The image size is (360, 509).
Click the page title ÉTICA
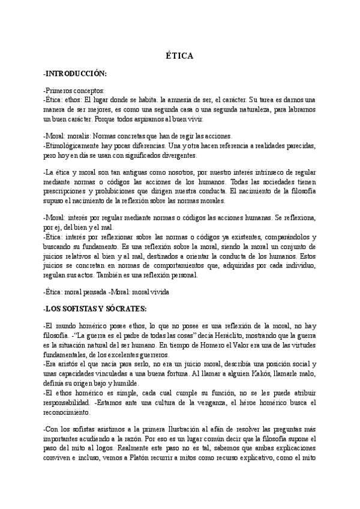[x=179, y=56]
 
